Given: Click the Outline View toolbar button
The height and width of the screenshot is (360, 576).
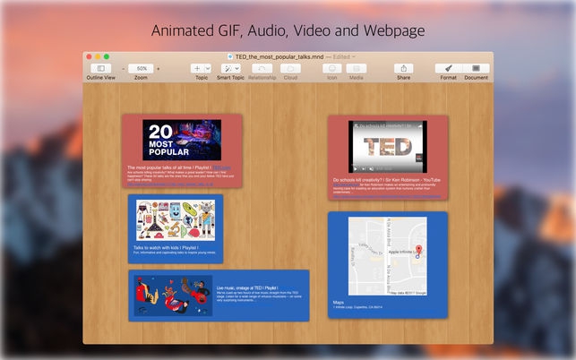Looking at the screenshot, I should point(100,68).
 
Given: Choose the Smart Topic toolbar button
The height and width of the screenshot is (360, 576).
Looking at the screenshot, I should point(230,68).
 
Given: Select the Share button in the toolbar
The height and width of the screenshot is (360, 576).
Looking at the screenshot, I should point(403,68).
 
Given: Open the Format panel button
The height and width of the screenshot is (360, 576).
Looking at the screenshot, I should point(448,68).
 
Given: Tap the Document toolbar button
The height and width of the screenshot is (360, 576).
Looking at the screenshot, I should point(477,68).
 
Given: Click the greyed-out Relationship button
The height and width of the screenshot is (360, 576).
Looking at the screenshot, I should point(262,68).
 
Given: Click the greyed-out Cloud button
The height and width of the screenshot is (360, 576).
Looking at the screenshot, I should point(290,68).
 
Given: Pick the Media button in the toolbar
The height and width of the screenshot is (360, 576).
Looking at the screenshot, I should point(356,68).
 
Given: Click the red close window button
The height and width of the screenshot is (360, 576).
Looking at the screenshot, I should point(91,56).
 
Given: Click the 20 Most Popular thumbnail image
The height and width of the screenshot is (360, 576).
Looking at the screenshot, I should point(181,140).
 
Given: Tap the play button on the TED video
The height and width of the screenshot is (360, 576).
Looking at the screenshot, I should point(356,167).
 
